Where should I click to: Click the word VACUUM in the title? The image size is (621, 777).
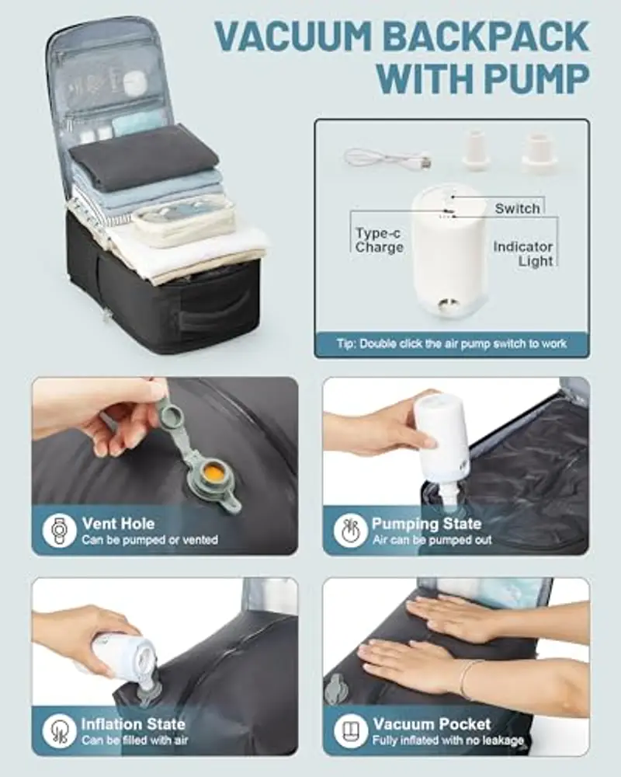[x=293, y=37]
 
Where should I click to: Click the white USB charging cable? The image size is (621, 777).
[x=387, y=159]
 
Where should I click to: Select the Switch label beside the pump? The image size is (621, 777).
[x=517, y=208]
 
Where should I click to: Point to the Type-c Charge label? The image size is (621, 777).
[x=379, y=240]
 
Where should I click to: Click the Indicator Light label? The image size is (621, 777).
[x=523, y=254]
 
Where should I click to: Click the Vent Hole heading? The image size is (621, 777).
[x=118, y=523]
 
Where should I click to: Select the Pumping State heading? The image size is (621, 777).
[x=426, y=523]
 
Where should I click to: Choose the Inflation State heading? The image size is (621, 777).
[x=134, y=723]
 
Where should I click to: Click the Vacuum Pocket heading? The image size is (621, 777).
[x=432, y=723]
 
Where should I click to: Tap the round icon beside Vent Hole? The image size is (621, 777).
[x=58, y=530]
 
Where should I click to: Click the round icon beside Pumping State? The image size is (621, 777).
[x=349, y=530]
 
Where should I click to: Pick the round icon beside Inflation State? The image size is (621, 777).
[x=58, y=730]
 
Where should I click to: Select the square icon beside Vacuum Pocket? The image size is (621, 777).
[x=349, y=730]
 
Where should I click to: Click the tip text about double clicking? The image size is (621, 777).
[x=452, y=343]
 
